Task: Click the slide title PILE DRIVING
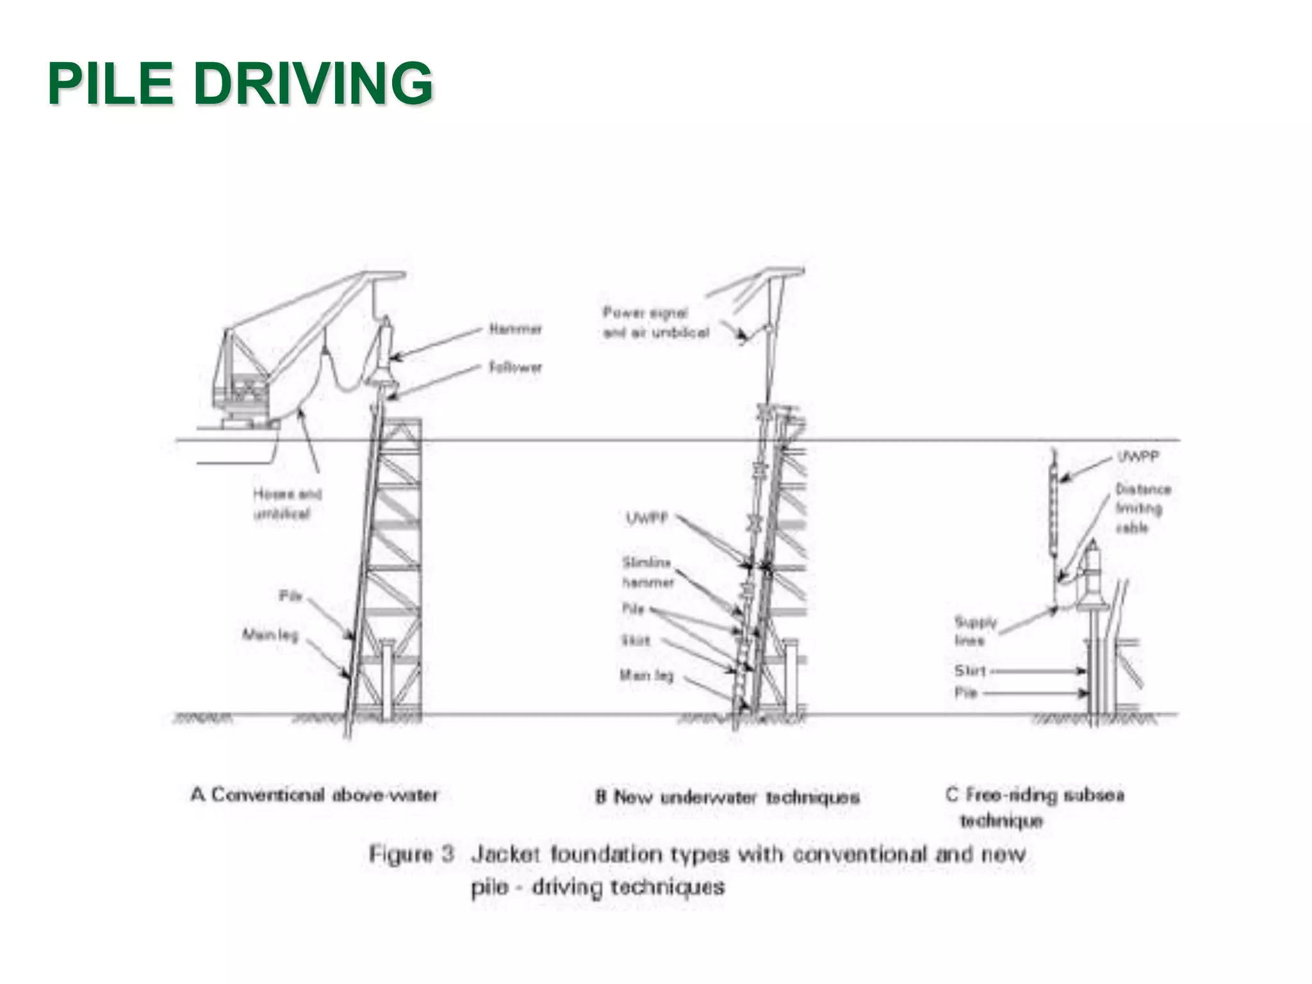click(x=240, y=83)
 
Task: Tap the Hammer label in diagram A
click(x=515, y=329)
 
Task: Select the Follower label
click(x=515, y=368)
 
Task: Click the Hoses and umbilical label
click(x=287, y=504)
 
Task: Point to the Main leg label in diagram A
click(x=270, y=635)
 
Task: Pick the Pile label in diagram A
click(x=290, y=596)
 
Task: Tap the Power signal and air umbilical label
click(x=655, y=323)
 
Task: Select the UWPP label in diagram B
click(x=646, y=518)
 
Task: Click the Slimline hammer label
click(x=647, y=572)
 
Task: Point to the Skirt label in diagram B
click(x=635, y=641)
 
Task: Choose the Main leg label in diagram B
click(x=646, y=675)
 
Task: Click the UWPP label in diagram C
click(x=1138, y=457)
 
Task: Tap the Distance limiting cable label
click(x=1142, y=508)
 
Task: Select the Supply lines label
click(x=975, y=630)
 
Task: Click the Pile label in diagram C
click(x=965, y=693)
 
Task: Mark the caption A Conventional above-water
click(x=314, y=795)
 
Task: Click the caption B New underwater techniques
click(x=727, y=798)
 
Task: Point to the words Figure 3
click(x=411, y=854)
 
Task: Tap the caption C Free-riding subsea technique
click(x=1034, y=807)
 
